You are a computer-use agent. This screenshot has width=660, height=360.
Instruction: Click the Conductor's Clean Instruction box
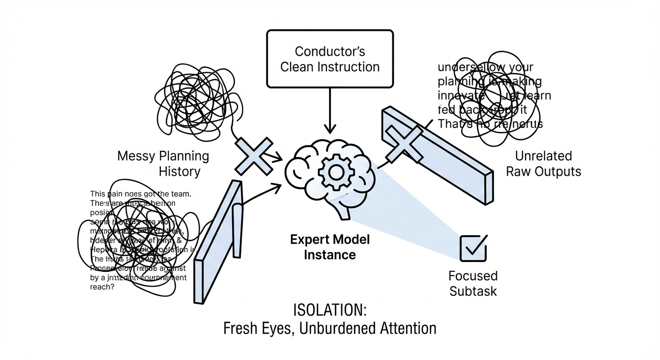(x=330, y=59)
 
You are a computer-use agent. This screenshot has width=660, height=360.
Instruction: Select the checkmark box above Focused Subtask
(x=474, y=247)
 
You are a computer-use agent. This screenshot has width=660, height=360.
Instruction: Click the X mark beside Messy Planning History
(x=253, y=156)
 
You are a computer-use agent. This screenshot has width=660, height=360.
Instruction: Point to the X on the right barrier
(x=404, y=143)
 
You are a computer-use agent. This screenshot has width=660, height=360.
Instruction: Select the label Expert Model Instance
(x=330, y=247)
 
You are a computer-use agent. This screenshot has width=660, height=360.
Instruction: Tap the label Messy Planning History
(x=163, y=163)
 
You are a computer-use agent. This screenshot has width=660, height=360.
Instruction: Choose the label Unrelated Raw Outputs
(x=543, y=163)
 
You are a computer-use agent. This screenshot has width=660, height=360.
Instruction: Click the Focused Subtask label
(x=473, y=283)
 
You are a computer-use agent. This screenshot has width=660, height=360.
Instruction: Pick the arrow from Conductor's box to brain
(x=330, y=110)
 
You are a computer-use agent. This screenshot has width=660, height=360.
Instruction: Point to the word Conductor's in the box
(x=330, y=51)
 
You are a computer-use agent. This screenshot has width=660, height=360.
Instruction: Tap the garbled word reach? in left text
(x=102, y=287)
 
